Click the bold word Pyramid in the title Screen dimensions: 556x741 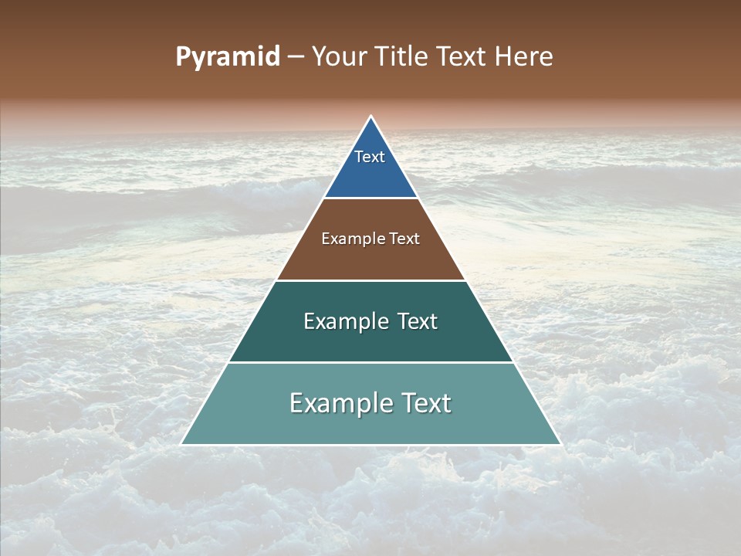coord(227,57)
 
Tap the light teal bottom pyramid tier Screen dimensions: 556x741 coord(371,425)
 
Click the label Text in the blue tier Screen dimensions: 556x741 coord(370,157)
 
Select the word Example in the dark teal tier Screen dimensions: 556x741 coord(345,321)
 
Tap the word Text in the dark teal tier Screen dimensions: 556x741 coord(418,321)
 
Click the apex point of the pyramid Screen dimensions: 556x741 coord(371,117)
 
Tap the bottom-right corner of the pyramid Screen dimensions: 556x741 coord(560,444)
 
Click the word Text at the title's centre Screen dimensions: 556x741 coord(462,56)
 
